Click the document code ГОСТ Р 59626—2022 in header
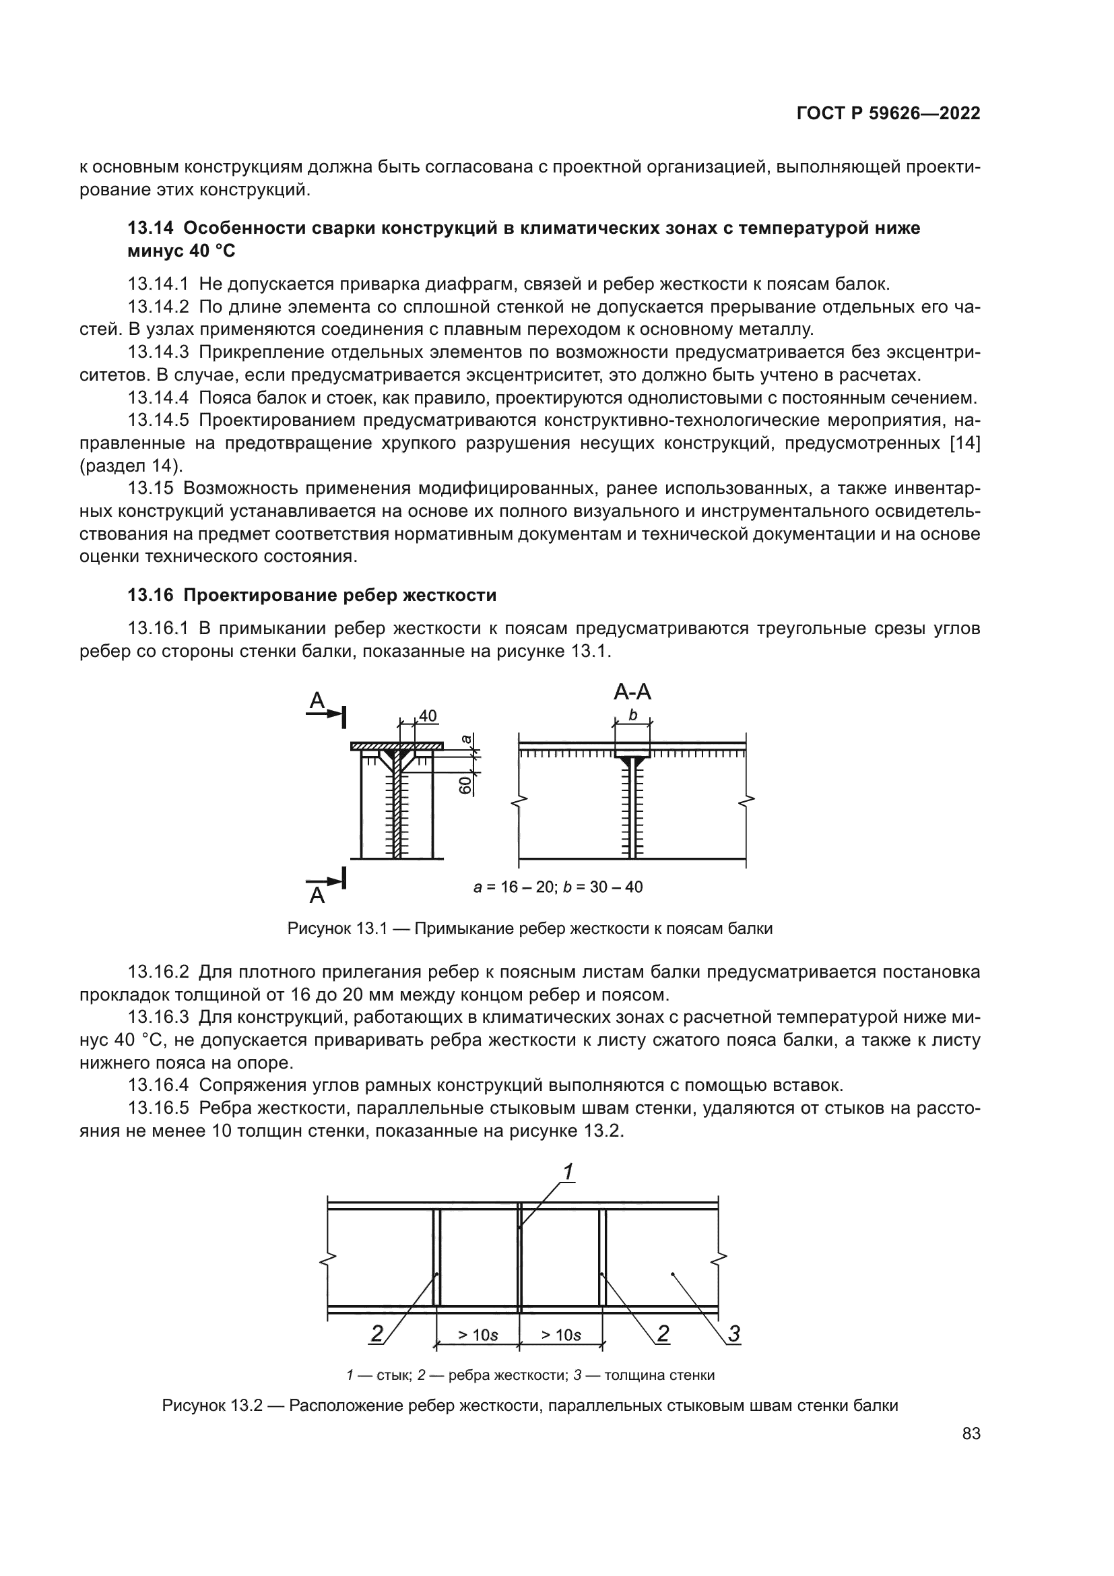coord(888,114)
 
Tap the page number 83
coord(971,1434)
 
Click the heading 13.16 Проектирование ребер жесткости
coord(312,595)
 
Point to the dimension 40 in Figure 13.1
coord(428,716)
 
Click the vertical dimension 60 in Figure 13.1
coord(466,784)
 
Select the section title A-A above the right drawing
coord(632,692)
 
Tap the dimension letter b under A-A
coord(632,716)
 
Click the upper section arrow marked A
coord(325,708)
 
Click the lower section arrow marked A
coord(325,886)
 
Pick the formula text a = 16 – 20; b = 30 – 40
coord(558,887)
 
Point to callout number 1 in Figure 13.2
coord(568,1172)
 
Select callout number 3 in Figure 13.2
coord(733,1333)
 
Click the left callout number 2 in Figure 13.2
coord(376,1333)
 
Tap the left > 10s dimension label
coord(478,1335)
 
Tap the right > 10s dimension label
coord(560,1335)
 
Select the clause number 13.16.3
coord(158,1017)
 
